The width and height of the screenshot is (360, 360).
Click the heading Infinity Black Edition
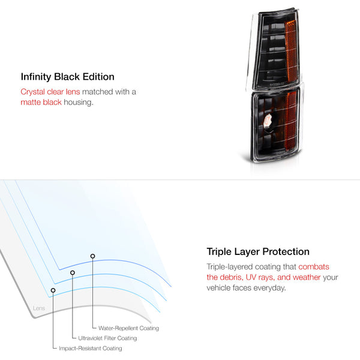click(67, 77)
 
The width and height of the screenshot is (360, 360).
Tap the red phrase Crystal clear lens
click(50, 92)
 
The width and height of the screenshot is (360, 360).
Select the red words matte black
click(41, 102)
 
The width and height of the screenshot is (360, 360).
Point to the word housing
click(79, 103)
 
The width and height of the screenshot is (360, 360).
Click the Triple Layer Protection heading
click(258, 252)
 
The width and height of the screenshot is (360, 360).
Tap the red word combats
click(314, 267)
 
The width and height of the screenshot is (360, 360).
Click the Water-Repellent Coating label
click(128, 328)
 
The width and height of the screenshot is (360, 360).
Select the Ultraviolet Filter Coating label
click(107, 338)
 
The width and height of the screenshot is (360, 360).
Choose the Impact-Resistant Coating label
click(91, 348)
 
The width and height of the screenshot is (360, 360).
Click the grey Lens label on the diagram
click(39, 308)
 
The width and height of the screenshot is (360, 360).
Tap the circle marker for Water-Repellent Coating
click(92, 256)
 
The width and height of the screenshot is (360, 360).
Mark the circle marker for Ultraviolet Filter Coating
click(73, 272)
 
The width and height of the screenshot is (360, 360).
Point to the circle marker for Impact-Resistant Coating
click(53, 290)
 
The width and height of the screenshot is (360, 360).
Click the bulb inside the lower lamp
click(268, 121)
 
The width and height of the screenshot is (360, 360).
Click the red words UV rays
click(260, 277)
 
